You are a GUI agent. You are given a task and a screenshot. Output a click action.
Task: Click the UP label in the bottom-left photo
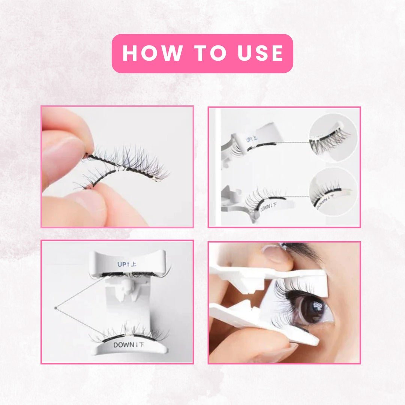(x=126, y=264)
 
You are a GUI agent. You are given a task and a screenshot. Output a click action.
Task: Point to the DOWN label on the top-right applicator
(x=270, y=208)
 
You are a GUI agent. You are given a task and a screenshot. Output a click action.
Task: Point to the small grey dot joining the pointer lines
(x=55, y=308)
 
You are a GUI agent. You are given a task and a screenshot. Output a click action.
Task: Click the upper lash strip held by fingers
(x=127, y=165)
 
